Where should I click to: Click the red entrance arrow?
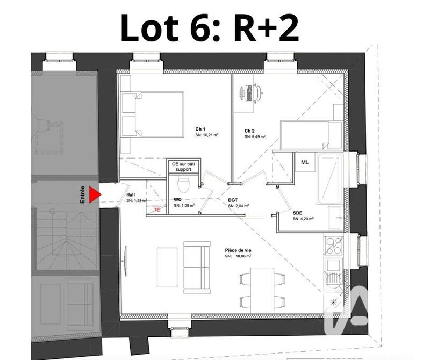click(x=95, y=195)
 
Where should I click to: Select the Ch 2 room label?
click(x=249, y=131)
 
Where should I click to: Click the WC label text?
click(x=178, y=199)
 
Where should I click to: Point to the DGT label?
click(x=233, y=200)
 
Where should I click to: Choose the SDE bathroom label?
click(x=297, y=213)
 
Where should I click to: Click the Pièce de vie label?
click(x=236, y=250)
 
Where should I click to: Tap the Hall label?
click(x=131, y=195)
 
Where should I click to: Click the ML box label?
click(x=305, y=162)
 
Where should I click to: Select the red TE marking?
click(x=157, y=210)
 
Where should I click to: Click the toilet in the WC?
click(x=183, y=186)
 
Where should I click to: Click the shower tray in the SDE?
click(x=329, y=179)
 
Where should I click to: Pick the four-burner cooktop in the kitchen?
click(x=333, y=246)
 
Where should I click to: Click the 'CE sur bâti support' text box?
click(x=182, y=167)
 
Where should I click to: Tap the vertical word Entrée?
click(x=83, y=194)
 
